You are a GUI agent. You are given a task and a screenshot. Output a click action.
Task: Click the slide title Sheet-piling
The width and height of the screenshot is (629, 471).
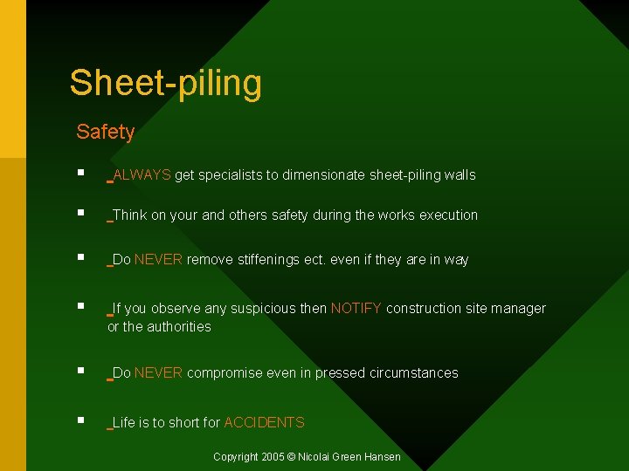(x=165, y=83)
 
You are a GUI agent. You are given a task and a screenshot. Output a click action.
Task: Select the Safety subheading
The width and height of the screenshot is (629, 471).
(x=105, y=132)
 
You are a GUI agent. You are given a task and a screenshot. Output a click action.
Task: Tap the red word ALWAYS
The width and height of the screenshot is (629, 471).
(x=142, y=175)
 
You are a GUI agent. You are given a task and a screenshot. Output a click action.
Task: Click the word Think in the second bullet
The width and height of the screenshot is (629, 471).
(x=130, y=215)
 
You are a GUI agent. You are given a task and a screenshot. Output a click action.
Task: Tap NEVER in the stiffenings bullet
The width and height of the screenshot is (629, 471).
(x=158, y=260)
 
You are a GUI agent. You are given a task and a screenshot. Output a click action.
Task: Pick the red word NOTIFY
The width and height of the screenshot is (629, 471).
(x=356, y=309)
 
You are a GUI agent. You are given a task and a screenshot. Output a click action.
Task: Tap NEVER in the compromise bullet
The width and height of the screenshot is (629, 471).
(x=158, y=373)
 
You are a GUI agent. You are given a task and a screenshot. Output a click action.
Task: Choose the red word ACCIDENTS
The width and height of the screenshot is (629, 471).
(x=264, y=423)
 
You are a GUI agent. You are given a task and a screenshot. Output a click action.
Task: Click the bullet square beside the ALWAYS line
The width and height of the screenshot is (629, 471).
(x=79, y=174)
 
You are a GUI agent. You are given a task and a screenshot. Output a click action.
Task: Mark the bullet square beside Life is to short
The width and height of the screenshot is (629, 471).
(x=79, y=420)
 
